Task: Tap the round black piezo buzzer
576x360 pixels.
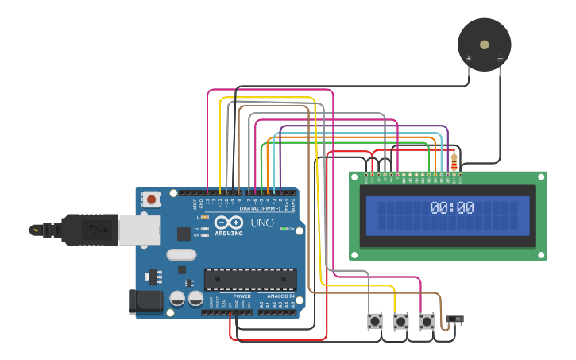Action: tap(484, 45)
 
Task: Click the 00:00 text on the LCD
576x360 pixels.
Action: tap(452, 208)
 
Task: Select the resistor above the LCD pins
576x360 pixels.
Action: tap(454, 161)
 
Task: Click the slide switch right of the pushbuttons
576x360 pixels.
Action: tap(455, 319)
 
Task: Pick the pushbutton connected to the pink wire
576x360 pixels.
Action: tap(427, 321)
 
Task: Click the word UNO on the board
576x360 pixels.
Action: tap(263, 223)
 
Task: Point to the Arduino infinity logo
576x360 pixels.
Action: tap(227, 223)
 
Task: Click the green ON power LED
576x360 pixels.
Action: tap(283, 230)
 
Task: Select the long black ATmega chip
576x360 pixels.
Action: tap(250, 279)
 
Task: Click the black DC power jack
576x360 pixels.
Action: tap(145, 301)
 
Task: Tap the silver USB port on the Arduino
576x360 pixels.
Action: tap(140, 230)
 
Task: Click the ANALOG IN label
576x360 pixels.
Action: tap(280, 296)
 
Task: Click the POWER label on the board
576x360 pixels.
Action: tap(242, 296)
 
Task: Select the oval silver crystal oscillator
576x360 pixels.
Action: tap(181, 255)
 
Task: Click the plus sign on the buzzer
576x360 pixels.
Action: tap(468, 58)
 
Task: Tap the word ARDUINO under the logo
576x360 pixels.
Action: tap(227, 234)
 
